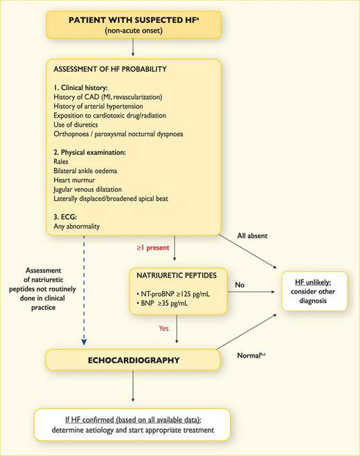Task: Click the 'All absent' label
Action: (x=253, y=235)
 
